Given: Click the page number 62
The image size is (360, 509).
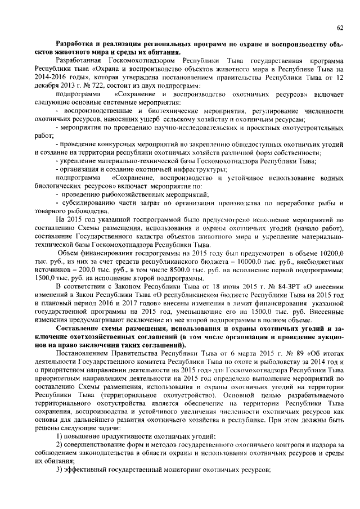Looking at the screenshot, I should (x=340, y=28).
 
